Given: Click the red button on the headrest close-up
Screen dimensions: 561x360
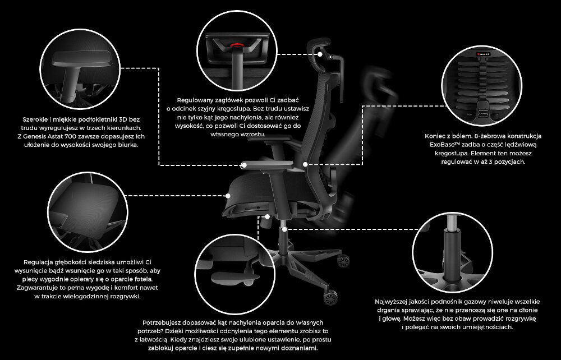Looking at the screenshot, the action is click(x=236, y=45).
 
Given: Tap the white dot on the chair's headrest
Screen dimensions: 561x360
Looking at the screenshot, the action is click(x=320, y=54).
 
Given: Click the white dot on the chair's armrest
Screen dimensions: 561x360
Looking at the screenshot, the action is click(x=244, y=165).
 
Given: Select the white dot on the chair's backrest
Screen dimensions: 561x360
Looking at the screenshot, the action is click(x=305, y=164).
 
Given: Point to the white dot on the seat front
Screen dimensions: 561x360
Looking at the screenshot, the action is click(x=228, y=196).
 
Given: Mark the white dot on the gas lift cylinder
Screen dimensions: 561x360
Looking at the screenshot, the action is click(x=284, y=229).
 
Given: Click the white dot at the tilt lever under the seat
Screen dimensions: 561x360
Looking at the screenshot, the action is click(x=267, y=216).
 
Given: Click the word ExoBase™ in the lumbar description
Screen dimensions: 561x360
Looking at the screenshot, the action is click(x=444, y=145).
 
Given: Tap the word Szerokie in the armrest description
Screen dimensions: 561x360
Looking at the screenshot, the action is click(x=35, y=119).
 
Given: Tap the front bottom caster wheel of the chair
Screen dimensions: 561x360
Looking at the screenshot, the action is click(x=330, y=297).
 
